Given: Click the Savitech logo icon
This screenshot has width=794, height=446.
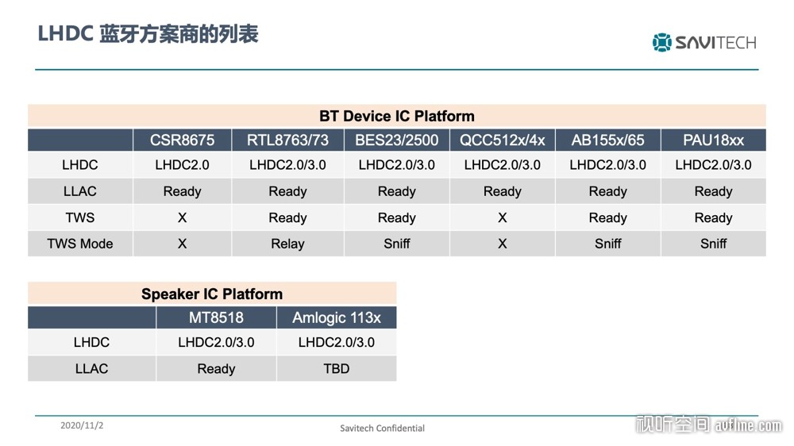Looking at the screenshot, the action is (x=661, y=43).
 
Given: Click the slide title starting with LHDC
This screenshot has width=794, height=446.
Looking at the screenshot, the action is (x=148, y=34).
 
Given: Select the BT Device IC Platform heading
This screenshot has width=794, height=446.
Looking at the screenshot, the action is (x=396, y=116).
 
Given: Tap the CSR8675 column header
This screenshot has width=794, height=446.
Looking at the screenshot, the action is (x=183, y=140).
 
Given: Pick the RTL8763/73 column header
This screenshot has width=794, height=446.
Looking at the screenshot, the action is (x=287, y=140).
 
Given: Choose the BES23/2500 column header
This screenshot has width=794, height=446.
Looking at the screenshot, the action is (x=396, y=140).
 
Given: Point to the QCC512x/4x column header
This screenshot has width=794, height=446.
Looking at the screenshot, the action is (x=503, y=140).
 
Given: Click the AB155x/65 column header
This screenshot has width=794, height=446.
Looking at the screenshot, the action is (x=607, y=140).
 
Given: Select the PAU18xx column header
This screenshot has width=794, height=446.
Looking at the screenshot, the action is (x=713, y=140).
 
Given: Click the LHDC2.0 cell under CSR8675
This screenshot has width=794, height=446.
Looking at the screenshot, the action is (x=183, y=165).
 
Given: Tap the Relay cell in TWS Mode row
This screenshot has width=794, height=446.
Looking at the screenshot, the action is (x=287, y=244).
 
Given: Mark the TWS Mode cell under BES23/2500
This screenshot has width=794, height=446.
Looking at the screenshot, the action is (x=396, y=244).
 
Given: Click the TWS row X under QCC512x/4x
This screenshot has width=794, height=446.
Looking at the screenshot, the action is (x=503, y=217).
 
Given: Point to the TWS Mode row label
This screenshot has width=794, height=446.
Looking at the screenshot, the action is (x=80, y=244).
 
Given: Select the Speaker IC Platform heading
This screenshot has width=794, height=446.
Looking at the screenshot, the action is (x=212, y=294).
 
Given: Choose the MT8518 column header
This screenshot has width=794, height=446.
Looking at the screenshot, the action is (x=216, y=318).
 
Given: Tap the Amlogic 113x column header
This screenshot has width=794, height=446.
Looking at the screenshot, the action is (x=336, y=318).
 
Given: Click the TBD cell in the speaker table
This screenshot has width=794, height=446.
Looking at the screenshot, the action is (x=336, y=368).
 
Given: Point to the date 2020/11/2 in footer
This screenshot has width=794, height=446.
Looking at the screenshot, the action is (x=82, y=425).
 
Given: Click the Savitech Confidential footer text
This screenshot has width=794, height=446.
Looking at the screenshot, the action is (x=383, y=429).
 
